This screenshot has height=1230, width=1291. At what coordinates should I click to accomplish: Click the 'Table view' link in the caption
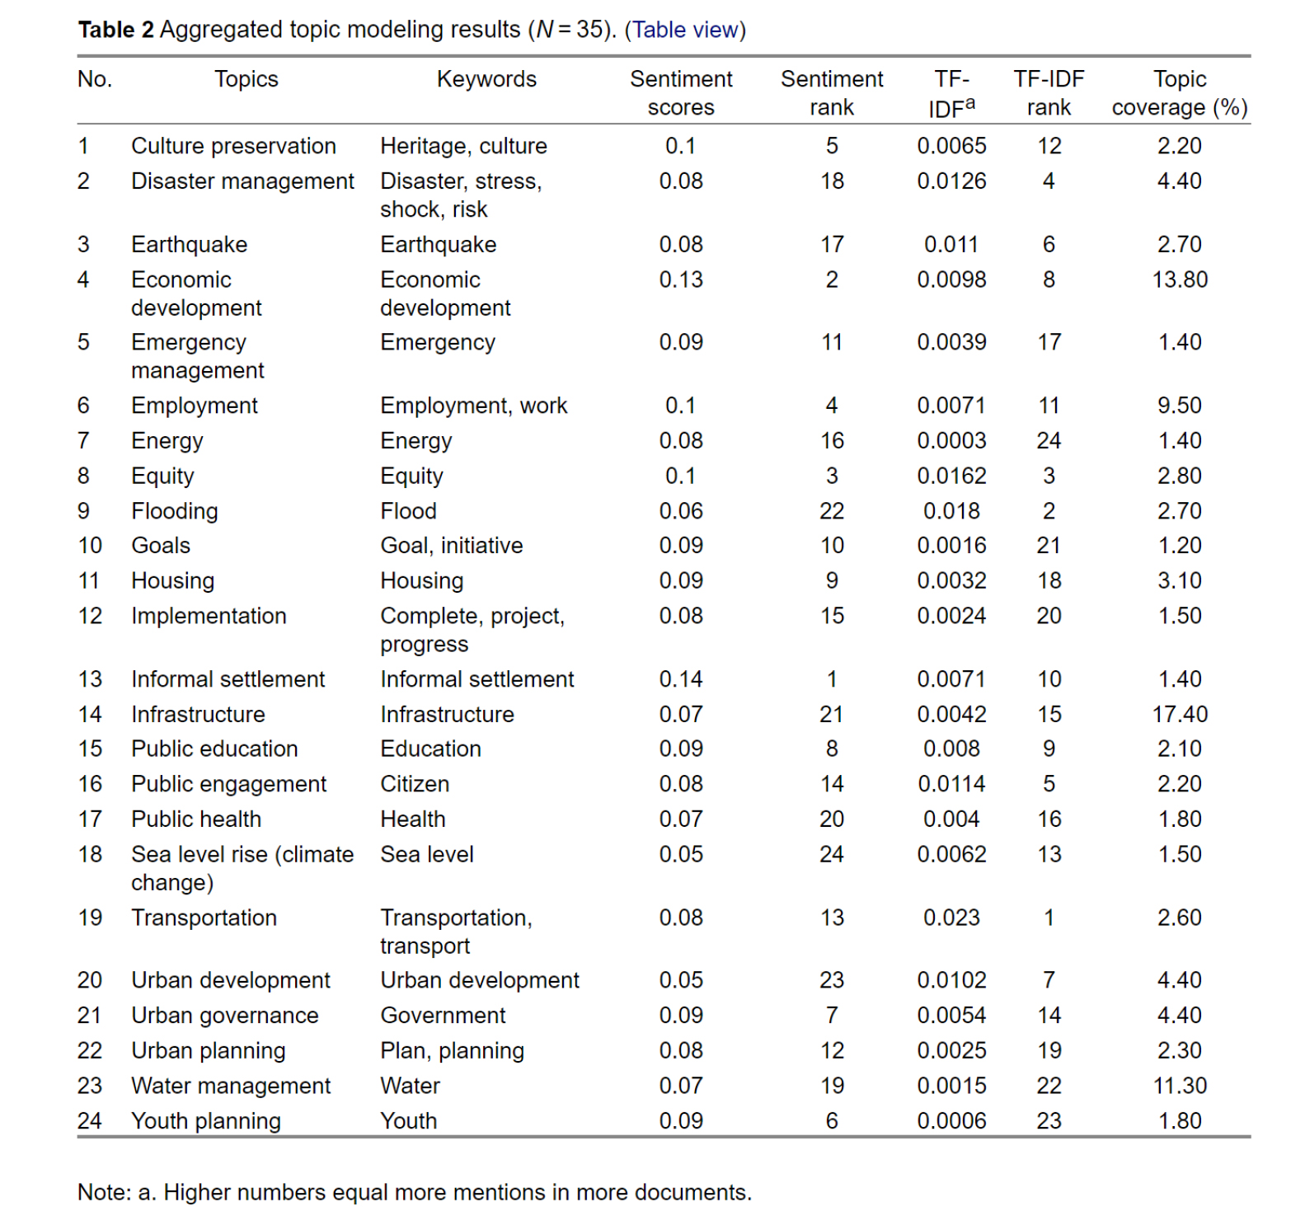point(684,30)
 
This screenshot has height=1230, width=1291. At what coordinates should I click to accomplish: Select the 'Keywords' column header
point(486,79)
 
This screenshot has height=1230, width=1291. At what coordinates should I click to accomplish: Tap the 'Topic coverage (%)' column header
point(1179,93)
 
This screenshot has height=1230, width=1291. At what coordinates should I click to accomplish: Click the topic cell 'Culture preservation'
point(233,146)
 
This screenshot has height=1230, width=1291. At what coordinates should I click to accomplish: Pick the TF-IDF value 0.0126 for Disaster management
point(951,181)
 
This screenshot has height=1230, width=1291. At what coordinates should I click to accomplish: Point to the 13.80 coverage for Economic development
point(1179,280)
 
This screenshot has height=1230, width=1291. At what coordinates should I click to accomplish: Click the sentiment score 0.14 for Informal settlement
point(681,679)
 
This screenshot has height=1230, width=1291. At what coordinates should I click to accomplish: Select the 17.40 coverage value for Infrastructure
point(1179,715)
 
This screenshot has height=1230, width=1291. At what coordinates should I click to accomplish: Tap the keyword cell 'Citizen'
point(415,784)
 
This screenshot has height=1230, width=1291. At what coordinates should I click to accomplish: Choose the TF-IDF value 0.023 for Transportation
point(951,918)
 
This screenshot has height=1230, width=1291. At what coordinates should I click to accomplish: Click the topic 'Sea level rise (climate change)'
point(242,868)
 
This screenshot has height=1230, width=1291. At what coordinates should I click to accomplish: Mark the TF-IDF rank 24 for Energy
point(1049,441)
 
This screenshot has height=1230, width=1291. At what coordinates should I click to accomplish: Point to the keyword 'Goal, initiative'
point(451,546)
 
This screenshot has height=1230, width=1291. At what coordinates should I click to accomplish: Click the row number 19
point(90,918)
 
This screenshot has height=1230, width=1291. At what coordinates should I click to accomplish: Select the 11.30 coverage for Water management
point(1179,1087)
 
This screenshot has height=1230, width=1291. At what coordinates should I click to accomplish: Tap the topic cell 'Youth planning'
point(206,1121)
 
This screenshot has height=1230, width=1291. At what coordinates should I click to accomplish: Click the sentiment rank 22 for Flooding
point(832,511)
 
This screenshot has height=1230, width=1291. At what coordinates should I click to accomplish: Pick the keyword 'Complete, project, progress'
point(472,630)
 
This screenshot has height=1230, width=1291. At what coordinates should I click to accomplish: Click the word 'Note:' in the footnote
point(104,1193)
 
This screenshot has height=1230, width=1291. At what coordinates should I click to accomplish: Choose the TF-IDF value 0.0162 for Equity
point(951,477)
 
